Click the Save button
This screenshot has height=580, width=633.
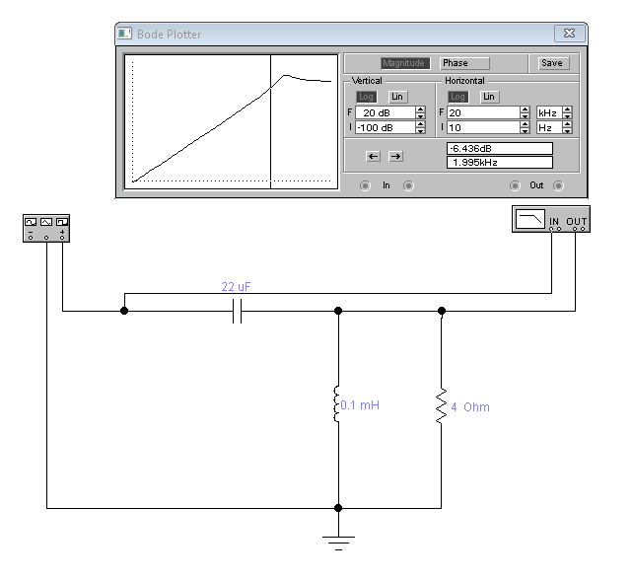[x=553, y=63]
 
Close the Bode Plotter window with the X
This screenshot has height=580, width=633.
[x=570, y=34]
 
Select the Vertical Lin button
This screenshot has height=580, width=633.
[x=397, y=97]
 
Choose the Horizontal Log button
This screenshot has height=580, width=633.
[x=457, y=97]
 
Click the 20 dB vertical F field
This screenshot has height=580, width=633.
[x=386, y=112]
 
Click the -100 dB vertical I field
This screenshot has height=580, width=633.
[x=386, y=127]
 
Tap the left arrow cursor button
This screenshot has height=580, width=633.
[x=373, y=156]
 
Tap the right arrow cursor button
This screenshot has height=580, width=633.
[x=395, y=156]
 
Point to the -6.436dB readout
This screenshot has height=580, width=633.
[x=500, y=148]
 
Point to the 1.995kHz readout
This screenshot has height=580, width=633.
[x=500, y=163]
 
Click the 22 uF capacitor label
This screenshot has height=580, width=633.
[x=236, y=287]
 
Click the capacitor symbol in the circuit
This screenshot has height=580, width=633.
[x=238, y=311]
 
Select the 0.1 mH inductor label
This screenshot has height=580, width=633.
[x=360, y=405]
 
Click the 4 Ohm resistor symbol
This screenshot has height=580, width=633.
[x=442, y=406]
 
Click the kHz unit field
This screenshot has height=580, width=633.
[x=549, y=112]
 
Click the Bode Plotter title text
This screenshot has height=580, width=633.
[x=170, y=35]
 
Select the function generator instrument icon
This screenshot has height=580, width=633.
[x=46, y=228]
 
